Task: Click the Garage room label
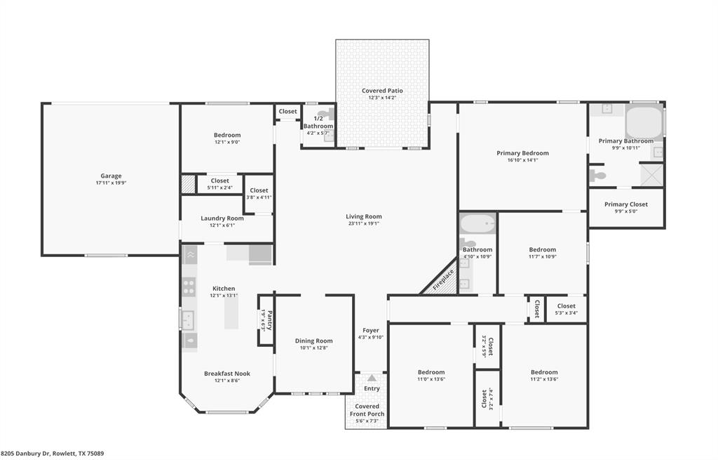point(111,176)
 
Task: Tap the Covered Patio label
point(382,91)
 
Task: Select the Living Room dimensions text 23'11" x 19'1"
point(363,223)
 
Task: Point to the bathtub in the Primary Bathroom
point(643,121)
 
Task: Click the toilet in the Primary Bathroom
point(597,176)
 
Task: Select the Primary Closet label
point(626,204)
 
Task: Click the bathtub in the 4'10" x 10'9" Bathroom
point(477,225)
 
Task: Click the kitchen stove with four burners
point(189,286)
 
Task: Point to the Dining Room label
point(314,341)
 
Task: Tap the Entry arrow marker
point(371,379)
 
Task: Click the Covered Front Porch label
point(367,410)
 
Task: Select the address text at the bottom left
point(53,454)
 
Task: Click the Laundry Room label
point(222,218)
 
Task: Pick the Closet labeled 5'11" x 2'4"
point(219,184)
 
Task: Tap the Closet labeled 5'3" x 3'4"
point(567,308)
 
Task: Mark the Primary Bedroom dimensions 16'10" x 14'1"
point(522,159)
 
